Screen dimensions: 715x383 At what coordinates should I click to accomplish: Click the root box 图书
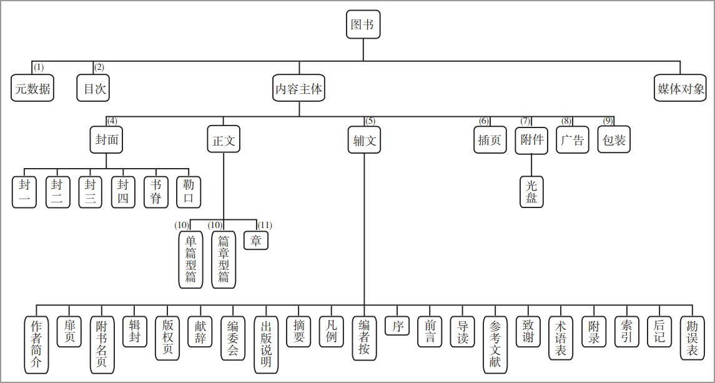(363, 24)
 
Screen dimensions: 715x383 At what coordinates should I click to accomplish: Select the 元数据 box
(32, 88)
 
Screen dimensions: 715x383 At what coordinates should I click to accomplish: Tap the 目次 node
(94, 88)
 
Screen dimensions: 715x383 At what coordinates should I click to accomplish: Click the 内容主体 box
(299, 88)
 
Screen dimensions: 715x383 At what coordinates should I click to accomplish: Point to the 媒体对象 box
(680, 88)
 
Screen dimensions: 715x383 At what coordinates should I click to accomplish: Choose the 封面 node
(107, 140)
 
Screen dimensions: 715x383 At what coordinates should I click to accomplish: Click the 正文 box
(224, 140)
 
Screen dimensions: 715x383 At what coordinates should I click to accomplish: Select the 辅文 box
(364, 140)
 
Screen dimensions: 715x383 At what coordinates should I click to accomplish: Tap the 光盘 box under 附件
(531, 191)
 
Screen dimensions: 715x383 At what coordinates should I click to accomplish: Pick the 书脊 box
(156, 192)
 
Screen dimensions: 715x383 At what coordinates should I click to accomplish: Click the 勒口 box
(189, 192)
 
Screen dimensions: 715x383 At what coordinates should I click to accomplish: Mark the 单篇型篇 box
(190, 259)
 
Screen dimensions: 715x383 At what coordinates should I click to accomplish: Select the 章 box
(256, 240)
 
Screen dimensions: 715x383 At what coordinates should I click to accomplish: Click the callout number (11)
(265, 225)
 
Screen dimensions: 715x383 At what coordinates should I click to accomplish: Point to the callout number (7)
(526, 121)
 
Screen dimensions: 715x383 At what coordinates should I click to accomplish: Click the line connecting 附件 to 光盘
(531, 164)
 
